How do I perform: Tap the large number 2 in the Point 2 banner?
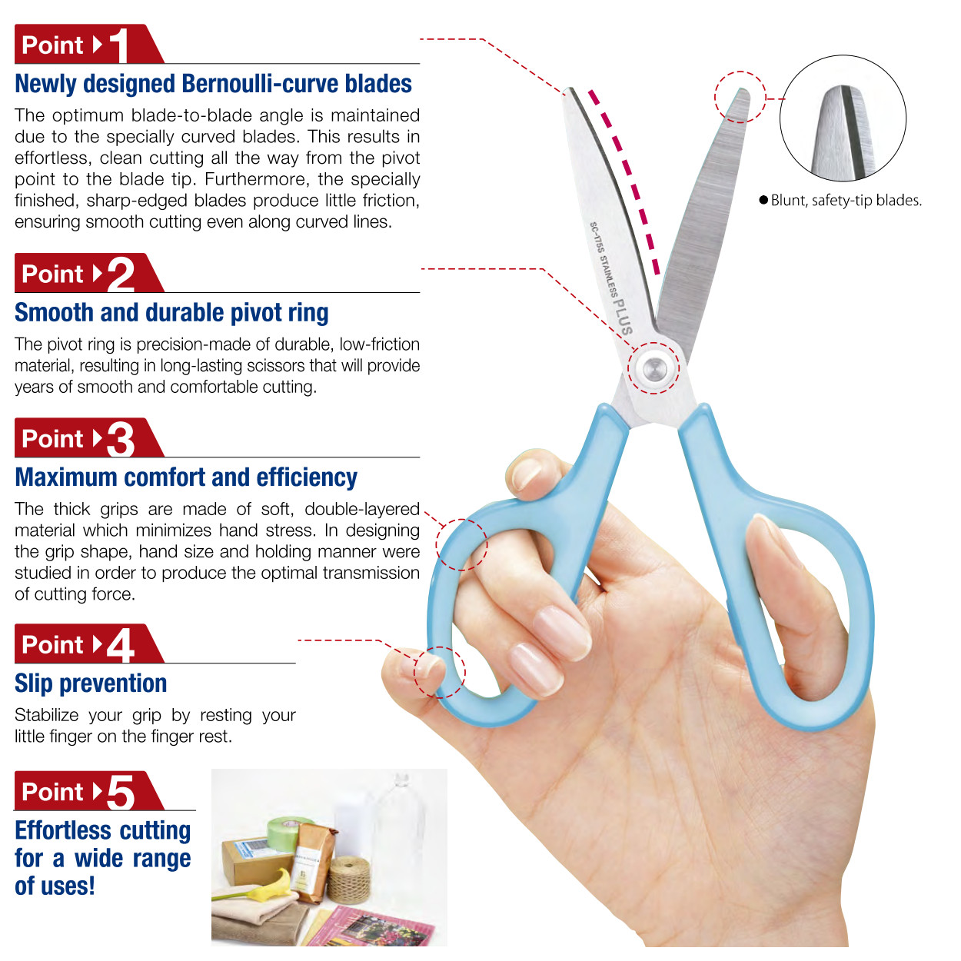pyautogui.click(x=121, y=274)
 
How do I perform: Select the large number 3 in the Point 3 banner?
pyautogui.click(x=121, y=439)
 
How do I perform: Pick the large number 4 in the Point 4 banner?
pyautogui.click(x=121, y=644)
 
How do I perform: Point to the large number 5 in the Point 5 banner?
pyautogui.click(x=121, y=792)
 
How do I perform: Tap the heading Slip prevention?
pyautogui.click(x=91, y=684)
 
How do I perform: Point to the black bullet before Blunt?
pyautogui.click(x=763, y=201)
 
